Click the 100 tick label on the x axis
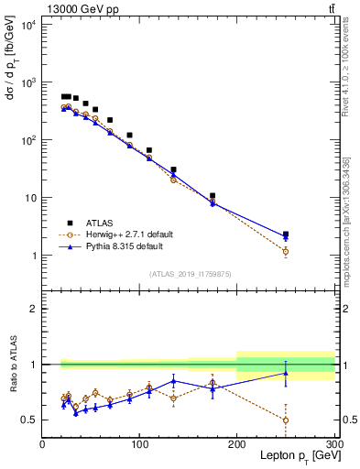tap(139, 444)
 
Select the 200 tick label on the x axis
tap(237, 444)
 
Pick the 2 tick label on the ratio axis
tap(33, 309)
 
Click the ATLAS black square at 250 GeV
tap(286, 234)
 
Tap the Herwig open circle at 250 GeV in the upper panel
tap(286, 251)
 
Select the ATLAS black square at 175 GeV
tap(213, 196)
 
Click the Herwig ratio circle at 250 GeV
tap(286, 420)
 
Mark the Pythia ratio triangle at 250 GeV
tap(286, 373)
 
